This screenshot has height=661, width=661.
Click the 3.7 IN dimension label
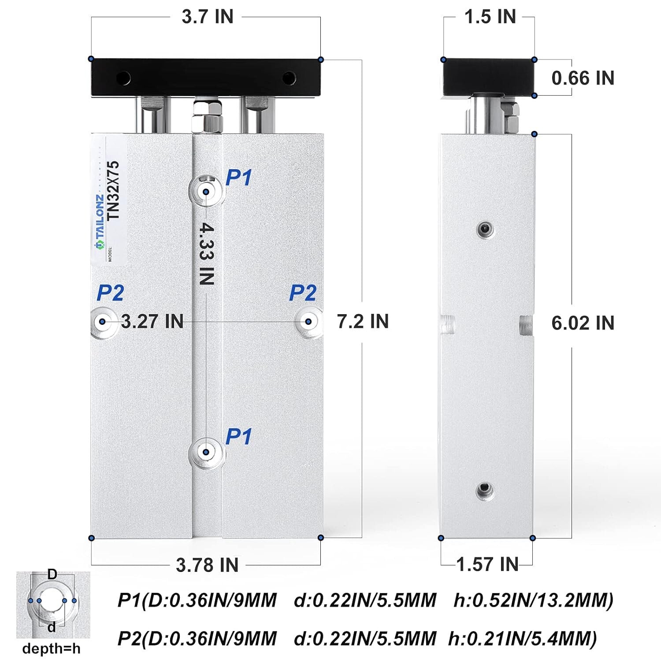click(x=207, y=17)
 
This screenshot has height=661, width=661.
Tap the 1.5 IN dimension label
click(x=490, y=17)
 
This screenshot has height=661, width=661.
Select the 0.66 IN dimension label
click(x=583, y=78)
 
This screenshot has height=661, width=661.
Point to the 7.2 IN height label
click(x=363, y=321)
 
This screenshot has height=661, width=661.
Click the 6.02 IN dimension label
click(x=583, y=323)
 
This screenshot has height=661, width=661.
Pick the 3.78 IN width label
click(x=207, y=565)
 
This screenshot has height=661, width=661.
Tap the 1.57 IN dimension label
click(x=487, y=564)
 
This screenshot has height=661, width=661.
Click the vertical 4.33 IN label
click(x=206, y=253)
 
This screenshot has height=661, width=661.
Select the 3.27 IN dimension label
click(x=152, y=321)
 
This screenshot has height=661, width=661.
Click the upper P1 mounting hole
click(x=206, y=192)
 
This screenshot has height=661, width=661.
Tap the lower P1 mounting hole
click(x=206, y=452)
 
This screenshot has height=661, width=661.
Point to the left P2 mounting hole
click(x=103, y=322)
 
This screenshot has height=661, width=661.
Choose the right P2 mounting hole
click(x=308, y=322)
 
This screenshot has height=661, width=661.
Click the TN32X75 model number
click(x=114, y=190)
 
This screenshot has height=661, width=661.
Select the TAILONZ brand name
click(x=100, y=219)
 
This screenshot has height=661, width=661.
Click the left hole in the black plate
click(x=123, y=78)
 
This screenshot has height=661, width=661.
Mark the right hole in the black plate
click(x=289, y=78)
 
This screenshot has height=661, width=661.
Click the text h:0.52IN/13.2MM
click(x=533, y=600)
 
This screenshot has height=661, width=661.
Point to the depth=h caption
click(x=52, y=648)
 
